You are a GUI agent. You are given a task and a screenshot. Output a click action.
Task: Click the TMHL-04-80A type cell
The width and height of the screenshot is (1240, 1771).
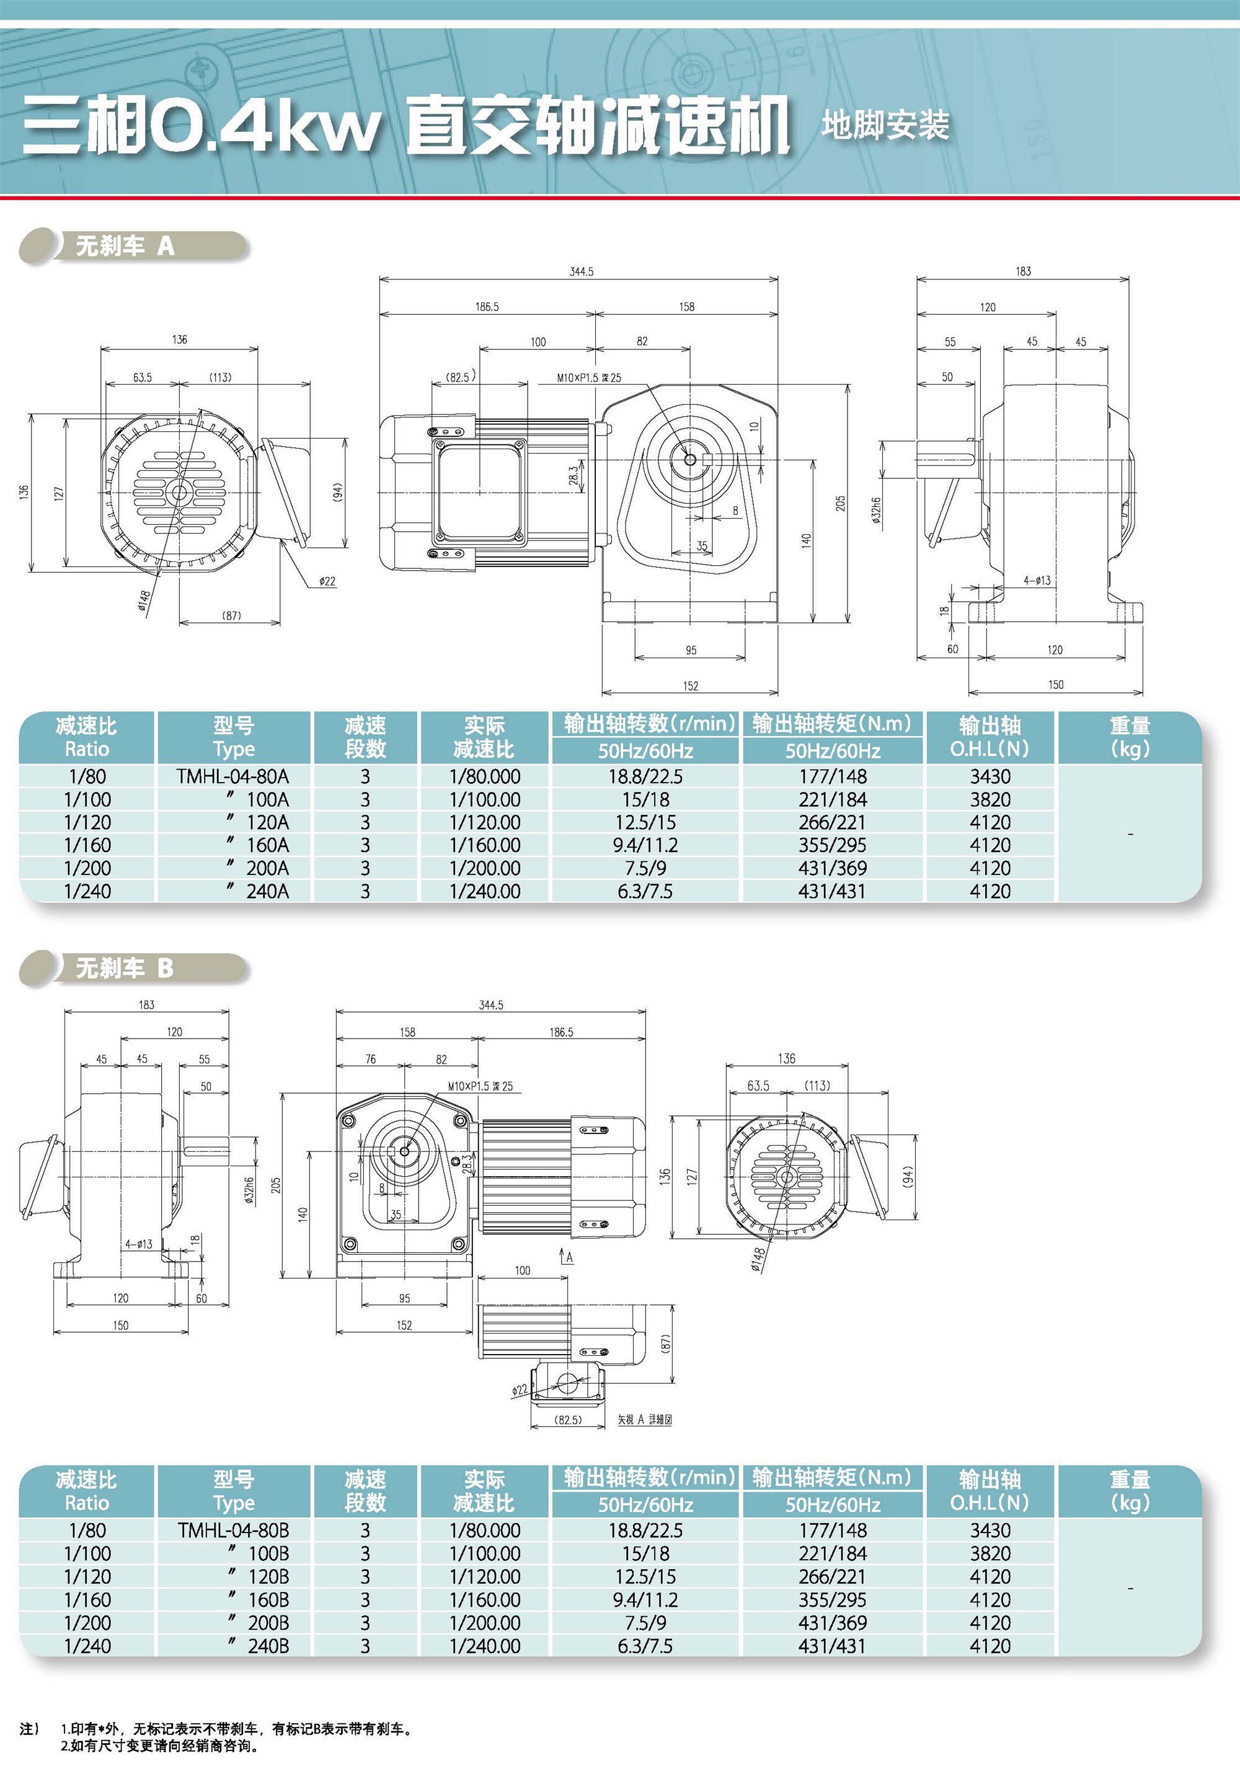[232, 776]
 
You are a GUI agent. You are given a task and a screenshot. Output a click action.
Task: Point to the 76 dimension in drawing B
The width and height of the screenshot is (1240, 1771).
[370, 1059]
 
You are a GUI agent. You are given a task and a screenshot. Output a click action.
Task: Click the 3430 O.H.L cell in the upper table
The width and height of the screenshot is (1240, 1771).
[990, 776]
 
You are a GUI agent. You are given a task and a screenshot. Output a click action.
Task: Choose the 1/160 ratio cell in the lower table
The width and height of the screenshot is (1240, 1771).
[87, 1600]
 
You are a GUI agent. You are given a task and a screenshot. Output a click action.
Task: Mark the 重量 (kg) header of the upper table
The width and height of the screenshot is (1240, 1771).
[1130, 737]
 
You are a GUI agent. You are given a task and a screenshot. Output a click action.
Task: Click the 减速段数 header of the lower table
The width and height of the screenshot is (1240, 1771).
[365, 1490]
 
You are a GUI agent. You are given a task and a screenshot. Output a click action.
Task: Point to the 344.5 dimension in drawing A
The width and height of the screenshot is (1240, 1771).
[581, 271]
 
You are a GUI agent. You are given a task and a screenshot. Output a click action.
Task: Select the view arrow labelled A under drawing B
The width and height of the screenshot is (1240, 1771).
[565, 1257]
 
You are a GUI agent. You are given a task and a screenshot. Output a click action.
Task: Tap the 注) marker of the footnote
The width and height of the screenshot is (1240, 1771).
[29, 1729]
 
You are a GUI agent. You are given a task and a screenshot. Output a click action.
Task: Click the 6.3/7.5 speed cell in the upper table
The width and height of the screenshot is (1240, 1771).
[645, 891]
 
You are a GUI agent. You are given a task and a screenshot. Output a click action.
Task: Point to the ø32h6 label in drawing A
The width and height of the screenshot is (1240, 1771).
[877, 510]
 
